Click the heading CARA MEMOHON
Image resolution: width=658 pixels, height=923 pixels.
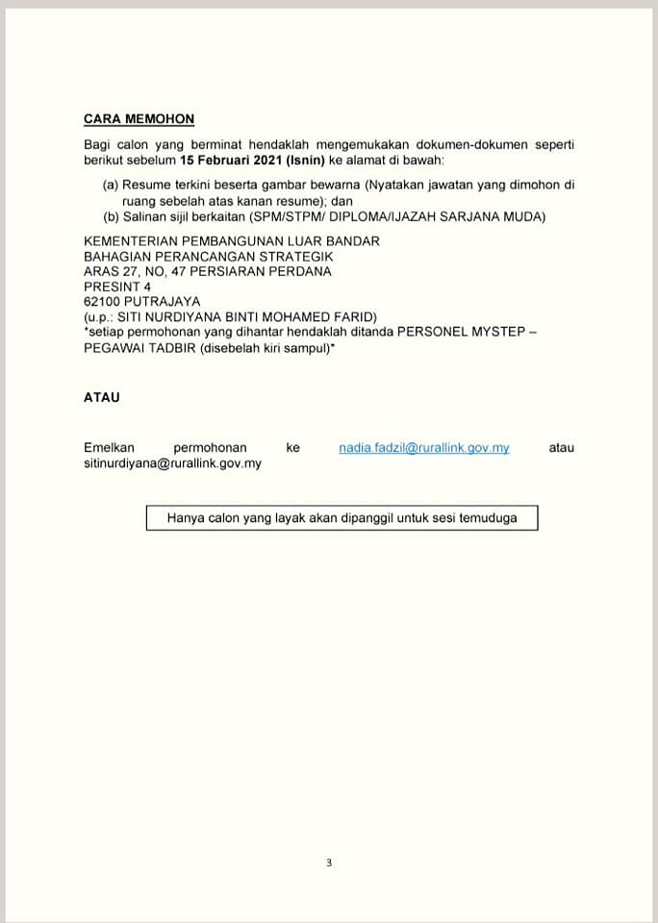(x=139, y=119)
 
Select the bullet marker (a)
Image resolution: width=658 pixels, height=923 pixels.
(x=111, y=184)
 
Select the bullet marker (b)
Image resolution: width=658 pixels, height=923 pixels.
(x=111, y=216)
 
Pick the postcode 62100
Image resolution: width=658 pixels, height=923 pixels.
(x=102, y=302)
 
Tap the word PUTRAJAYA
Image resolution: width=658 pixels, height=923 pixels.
(x=161, y=302)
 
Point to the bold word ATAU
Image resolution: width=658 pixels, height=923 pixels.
(x=102, y=396)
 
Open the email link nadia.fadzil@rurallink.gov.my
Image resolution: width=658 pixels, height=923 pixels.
(x=423, y=448)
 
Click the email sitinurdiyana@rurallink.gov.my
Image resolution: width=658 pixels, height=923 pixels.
(x=172, y=463)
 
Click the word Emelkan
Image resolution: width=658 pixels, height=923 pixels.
(x=110, y=448)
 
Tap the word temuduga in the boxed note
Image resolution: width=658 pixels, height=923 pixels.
(x=488, y=518)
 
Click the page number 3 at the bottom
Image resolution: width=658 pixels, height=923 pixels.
(x=328, y=862)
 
